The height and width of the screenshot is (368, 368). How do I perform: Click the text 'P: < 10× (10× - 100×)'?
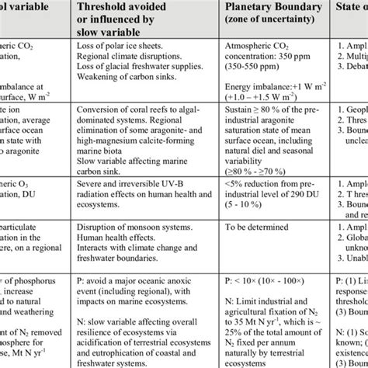tap(272, 299)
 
